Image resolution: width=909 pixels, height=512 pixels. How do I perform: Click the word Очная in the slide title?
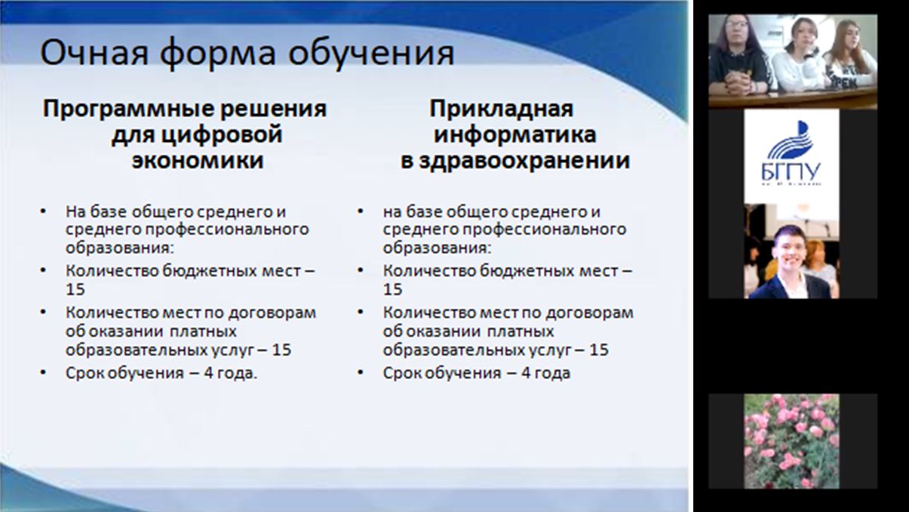pyautogui.click(x=94, y=53)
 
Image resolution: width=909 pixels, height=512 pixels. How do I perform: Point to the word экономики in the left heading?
pyautogui.click(x=198, y=161)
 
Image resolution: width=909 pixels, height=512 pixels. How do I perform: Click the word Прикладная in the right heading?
pyautogui.click(x=502, y=109)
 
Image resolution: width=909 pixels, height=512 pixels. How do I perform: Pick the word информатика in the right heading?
pyautogui.click(x=515, y=136)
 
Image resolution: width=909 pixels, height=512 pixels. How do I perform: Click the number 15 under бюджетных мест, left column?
pyautogui.click(x=75, y=289)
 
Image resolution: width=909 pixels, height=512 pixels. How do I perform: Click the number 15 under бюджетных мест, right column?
pyautogui.click(x=392, y=289)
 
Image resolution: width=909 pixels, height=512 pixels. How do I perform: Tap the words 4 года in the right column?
pyautogui.click(x=545, y=373)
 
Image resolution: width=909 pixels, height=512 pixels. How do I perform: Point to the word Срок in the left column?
pyautogui.click(x=84, y=373)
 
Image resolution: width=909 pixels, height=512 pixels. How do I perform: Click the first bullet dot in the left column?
pyautogui.click(x=43, y=211)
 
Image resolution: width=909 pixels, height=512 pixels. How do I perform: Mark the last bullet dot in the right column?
pyautogui.click(x=361, y=372)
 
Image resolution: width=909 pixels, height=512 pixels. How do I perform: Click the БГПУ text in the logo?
pyautogui.click(x=791, y=172)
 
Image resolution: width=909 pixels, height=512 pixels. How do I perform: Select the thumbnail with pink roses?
pyautogui.click(x=791, y=441)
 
